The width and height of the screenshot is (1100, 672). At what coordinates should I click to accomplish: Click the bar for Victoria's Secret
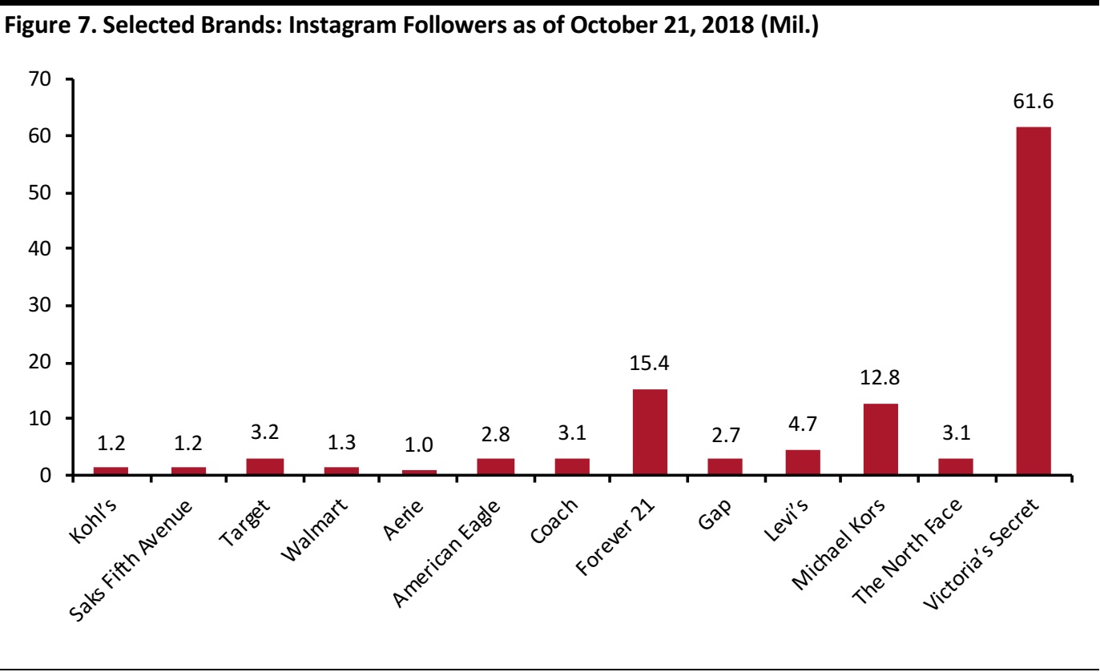(x=1033, y=301)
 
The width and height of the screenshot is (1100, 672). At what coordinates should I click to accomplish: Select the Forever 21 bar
(x=650, y=433)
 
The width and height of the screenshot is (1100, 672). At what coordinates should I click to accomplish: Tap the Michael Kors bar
(x=880, y=440)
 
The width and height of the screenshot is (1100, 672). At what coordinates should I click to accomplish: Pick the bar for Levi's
(x=803, y=463)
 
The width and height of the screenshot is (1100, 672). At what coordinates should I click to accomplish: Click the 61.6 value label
(x=1034, y=103)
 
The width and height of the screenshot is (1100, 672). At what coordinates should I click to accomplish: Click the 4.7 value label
(x=804, y=425)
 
